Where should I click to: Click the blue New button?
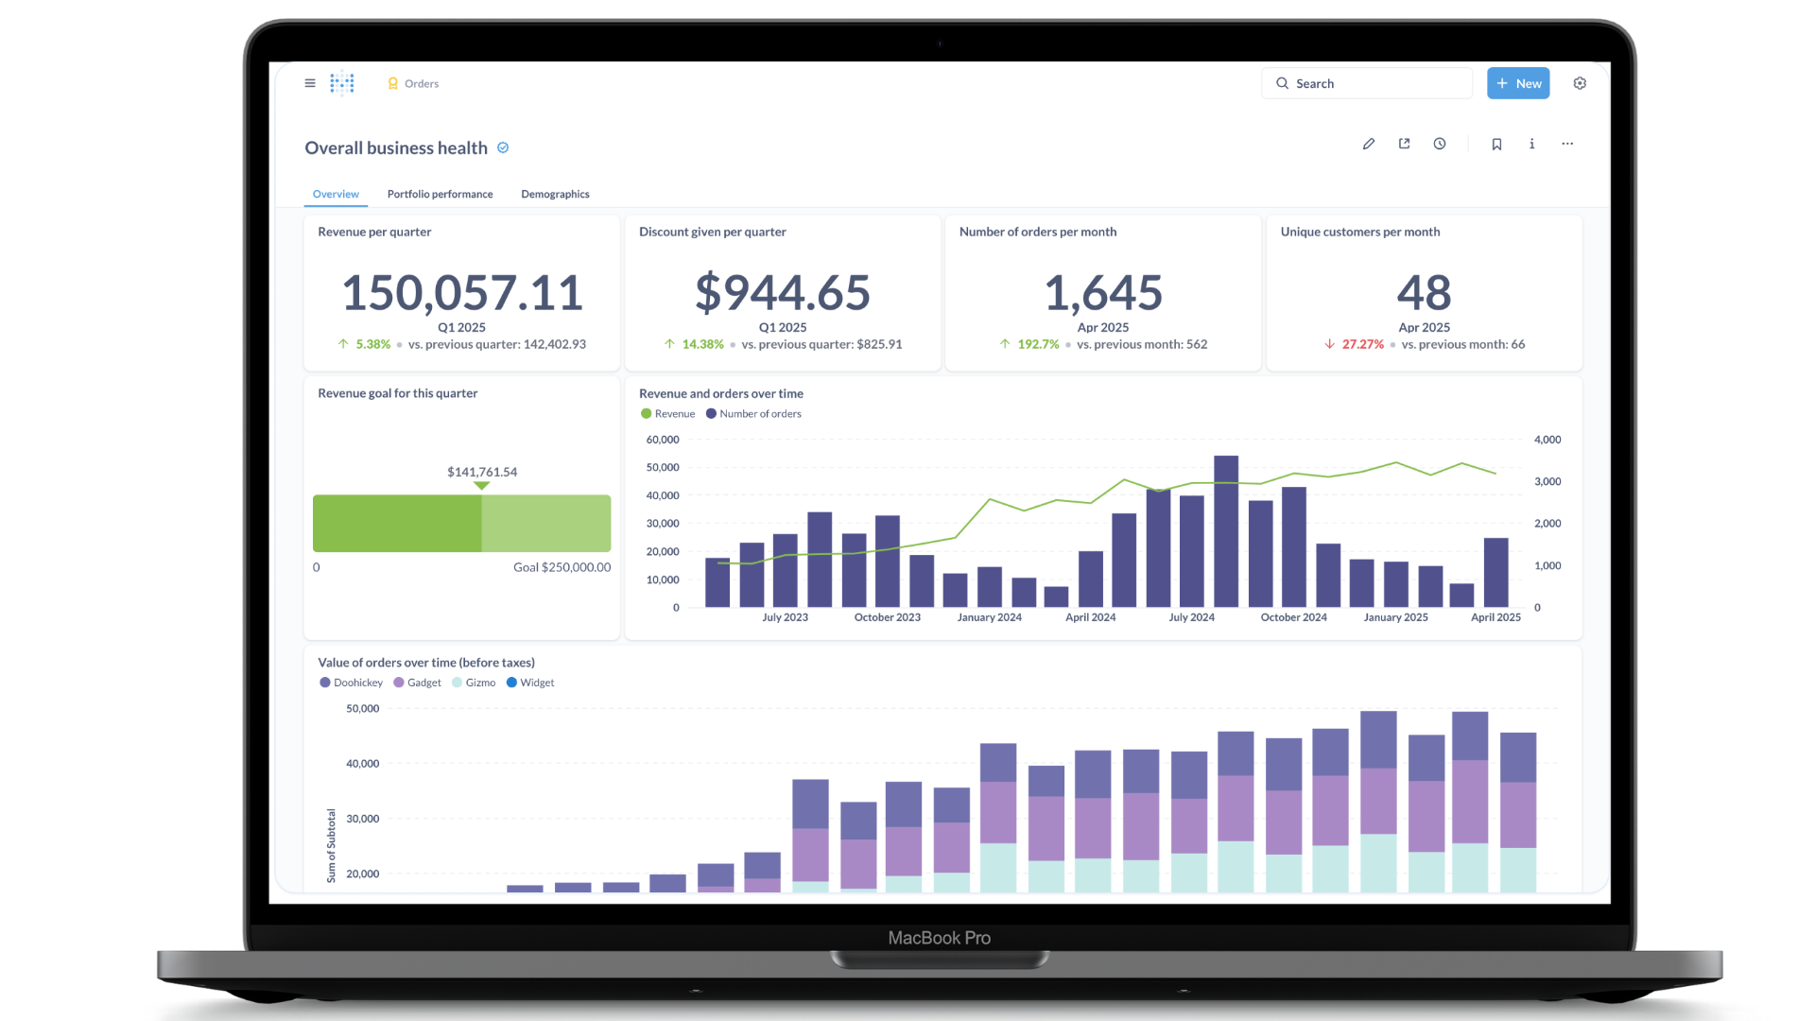point(1518,83)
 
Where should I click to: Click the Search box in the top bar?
point(1366,83)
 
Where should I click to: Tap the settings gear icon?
point(1580,83)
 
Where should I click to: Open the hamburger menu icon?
point(310,83)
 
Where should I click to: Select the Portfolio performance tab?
point(440,194)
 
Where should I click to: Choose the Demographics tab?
point(555,194)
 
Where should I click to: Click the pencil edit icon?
point(1368,144)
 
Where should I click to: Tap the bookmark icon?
point(1496,144)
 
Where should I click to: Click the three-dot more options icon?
point(1567,144)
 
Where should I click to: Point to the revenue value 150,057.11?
point(461,292)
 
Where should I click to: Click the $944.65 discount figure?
point(783,292)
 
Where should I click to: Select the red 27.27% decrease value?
point(1362,344)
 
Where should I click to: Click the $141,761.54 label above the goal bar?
point(482,472)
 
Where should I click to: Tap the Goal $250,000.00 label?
point(562,567)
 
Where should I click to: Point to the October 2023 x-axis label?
point(887,617)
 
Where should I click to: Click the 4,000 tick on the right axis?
point(1547,440)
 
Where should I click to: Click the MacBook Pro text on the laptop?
point(939,938)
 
